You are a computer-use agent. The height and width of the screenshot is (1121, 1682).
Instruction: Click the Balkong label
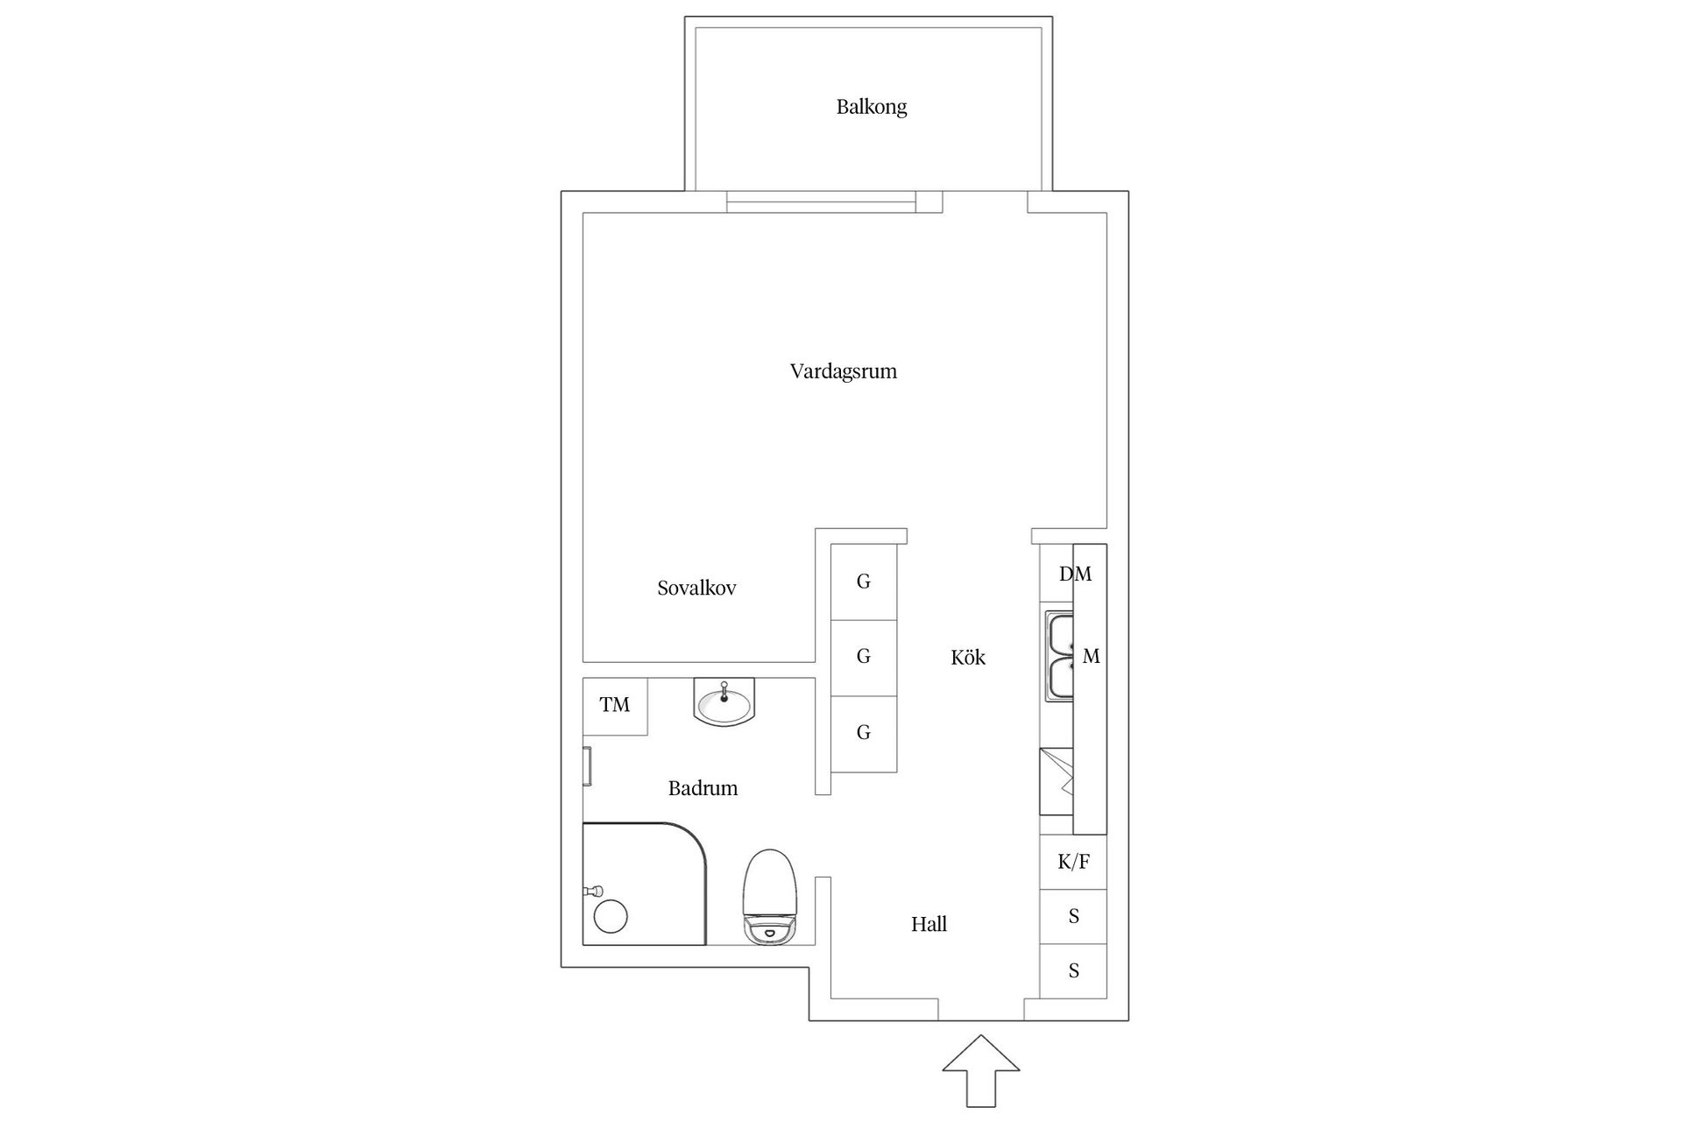point(871,107)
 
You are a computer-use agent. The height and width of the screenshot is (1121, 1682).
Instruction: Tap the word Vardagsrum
point(843,371)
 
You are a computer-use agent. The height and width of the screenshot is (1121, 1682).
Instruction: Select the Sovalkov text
point(696,589)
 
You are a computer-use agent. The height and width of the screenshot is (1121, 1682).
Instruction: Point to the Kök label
point(967,658)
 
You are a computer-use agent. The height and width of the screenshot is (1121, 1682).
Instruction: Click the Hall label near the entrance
point(929,925)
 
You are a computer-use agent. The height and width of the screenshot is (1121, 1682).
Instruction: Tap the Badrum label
point(703,788)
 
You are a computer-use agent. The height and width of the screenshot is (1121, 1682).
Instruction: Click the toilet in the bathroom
point(770,897)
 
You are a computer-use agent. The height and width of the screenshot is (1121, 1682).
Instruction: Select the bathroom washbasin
point(724,702)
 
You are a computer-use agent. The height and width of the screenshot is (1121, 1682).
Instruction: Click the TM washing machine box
point(615,706)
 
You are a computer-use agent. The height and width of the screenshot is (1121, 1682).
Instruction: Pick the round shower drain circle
point(611,917)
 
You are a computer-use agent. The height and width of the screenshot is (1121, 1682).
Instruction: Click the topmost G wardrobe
point(863,582)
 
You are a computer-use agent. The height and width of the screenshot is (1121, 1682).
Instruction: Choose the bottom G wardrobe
point(863,733)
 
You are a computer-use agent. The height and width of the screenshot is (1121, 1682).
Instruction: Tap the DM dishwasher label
point(1075,575)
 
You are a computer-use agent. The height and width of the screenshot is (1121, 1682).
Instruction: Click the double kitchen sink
point(1059,657)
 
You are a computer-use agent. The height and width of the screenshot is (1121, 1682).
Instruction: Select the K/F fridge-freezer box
point(1073,863)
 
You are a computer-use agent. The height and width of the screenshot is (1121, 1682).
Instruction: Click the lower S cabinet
point(1073,971)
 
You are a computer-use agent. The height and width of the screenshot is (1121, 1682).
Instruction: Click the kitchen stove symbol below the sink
point(1057,781)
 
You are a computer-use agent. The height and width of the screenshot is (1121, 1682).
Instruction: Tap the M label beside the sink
point(1091,657)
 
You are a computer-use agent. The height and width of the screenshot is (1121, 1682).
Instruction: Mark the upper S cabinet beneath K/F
point(1073,917)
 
